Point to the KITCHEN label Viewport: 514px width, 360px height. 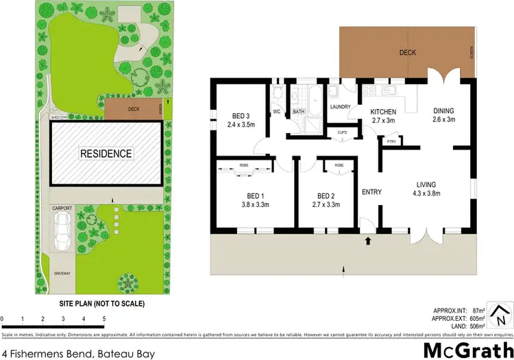click(384, 111)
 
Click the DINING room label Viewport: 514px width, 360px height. click(443, 111)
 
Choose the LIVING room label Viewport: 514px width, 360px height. click(426, 184)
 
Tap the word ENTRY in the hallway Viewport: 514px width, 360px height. click(371, 192)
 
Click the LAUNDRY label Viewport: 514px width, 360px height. click(340, 107)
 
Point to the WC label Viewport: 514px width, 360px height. click(277, 111)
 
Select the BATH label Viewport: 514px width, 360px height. click(299, 111)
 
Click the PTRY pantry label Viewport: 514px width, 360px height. click(391, 142)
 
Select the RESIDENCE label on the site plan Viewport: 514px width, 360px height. click(106, 154)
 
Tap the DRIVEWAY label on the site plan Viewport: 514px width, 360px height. click(62, 273)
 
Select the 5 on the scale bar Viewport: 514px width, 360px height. click(103, 319)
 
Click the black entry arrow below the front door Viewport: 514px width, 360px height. click(369, 241)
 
